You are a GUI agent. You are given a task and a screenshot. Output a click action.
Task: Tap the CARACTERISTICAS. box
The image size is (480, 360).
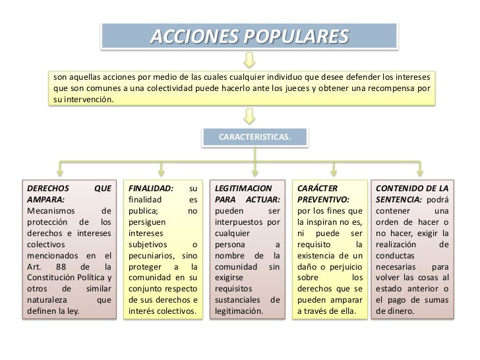point(254,137)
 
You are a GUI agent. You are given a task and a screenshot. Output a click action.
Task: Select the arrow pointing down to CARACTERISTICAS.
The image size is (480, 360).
point(249,116)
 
